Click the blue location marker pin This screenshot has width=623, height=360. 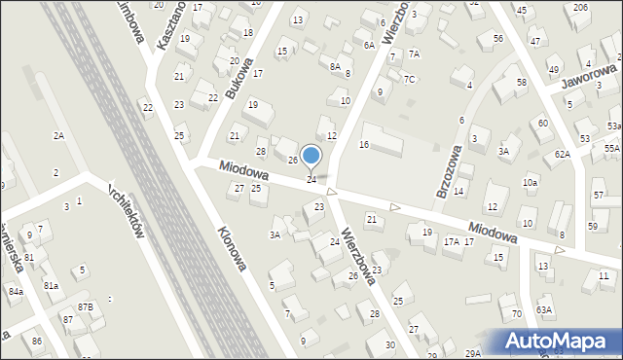[311, 156]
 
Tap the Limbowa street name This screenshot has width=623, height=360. [130, 21]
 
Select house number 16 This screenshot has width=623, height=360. [364, 144]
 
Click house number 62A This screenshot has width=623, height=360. [563, 154]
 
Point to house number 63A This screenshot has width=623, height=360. [543, 310]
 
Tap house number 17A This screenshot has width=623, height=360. [451, 241]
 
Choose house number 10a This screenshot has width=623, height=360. [530, 182]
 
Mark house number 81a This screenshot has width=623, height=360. [51, 285]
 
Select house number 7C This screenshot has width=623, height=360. [410, 79]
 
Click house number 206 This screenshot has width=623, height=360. [581, 8]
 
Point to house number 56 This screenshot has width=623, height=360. [497, 38]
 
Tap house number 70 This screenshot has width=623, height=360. [516, 313]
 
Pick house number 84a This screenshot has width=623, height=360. [16, 291]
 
